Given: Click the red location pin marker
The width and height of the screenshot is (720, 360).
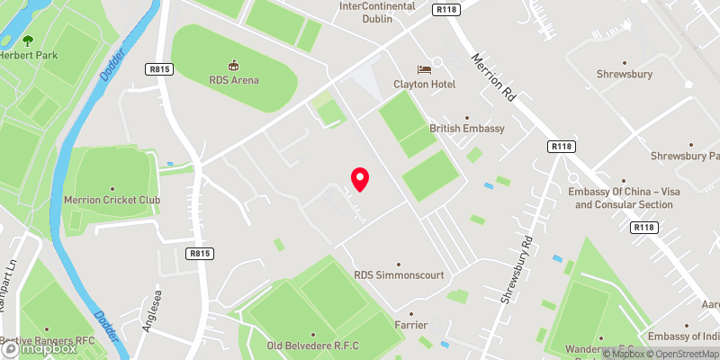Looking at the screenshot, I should (x=360, y=179).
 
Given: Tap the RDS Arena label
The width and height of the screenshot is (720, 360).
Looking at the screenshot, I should (x=233, y=80).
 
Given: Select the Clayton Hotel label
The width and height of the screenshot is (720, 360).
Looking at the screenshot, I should (x=424, y=84).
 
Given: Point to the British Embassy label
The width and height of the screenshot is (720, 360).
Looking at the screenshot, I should (x=467, y=129).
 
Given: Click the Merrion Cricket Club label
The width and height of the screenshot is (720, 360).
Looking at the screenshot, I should (x=112, y=200).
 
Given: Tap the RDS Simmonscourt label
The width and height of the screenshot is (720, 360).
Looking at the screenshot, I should (x=399, y=275).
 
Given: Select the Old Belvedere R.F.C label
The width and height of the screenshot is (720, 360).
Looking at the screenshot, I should (x=313, y=346).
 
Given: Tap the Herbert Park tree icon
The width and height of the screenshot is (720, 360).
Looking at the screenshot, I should (x=27, y=40).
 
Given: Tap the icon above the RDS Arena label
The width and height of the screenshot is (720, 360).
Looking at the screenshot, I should (x=233, y=65).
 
